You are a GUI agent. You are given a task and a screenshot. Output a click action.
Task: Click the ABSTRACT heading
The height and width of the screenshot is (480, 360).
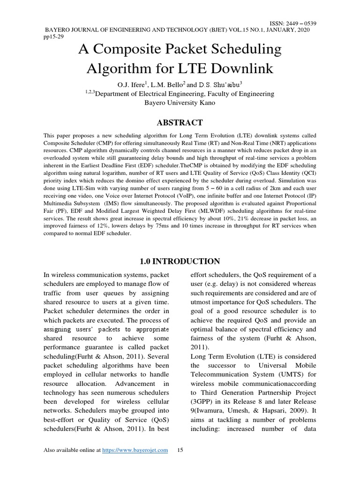tap(180, 123)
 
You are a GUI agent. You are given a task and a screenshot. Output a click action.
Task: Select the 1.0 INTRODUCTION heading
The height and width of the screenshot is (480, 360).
tap(180, 261)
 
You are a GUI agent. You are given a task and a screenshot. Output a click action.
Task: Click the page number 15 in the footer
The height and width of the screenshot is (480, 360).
tap(180, 450)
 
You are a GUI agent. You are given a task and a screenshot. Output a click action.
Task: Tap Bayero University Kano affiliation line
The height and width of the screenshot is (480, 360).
tap(180, 103)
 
